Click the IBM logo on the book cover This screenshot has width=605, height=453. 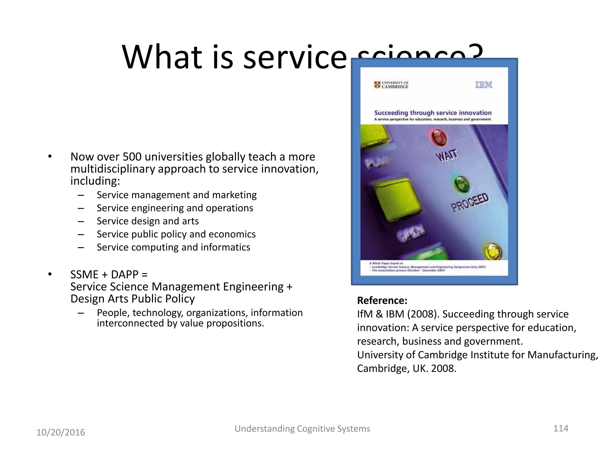click(484, 85)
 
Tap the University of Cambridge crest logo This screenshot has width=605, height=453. click(377, 85)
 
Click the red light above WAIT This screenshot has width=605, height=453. click(440, 138)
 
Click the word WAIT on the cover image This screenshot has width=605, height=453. click(447, 155)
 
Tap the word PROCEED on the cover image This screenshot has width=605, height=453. click(469, 203)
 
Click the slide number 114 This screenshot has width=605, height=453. click(561, 428)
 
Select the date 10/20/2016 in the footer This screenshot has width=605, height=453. click(61, 432)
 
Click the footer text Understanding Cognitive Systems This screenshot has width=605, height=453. click(302, 429)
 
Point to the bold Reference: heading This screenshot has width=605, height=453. click(382, 301)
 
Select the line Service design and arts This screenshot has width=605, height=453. click(148, 221)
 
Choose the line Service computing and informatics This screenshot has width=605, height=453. click(173, 247)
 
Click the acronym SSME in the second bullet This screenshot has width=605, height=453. click(84, 275)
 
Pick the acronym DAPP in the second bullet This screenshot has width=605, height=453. click(125, 275)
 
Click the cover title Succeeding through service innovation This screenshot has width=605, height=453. click(433, 113)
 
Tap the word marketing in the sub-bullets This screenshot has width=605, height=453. click(234, 195)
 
